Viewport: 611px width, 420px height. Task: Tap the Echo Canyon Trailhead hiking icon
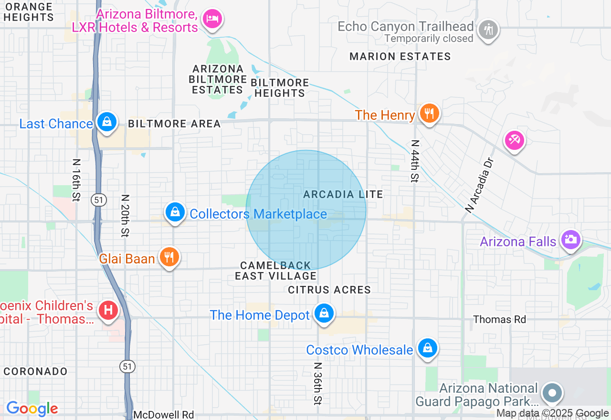pos(488,30)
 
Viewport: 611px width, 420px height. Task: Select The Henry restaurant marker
pos(429,114)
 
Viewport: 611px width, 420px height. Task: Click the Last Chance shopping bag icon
pos(107,122)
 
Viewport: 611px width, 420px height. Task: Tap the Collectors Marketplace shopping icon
pos(175,212)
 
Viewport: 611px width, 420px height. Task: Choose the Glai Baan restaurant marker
pos(169,257)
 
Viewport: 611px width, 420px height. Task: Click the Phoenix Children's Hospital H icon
pos(108,311)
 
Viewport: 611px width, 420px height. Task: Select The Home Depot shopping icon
pos(324,314)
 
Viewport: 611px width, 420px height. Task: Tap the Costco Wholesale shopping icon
pos(428,348)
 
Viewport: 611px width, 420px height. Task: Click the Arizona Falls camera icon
pos(570,240)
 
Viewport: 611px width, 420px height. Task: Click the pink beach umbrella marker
pos(515,140)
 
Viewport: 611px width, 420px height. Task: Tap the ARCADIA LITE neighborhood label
pos(343,194)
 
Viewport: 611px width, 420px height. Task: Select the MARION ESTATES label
pos(400,57)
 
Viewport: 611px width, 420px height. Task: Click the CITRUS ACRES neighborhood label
pos(329,290)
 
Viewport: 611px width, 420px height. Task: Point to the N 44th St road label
pos(414,161)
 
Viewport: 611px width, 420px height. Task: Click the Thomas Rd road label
pos(499,319)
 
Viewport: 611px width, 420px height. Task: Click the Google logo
pos(32,409)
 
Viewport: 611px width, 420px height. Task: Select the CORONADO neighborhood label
pos(35,371)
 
